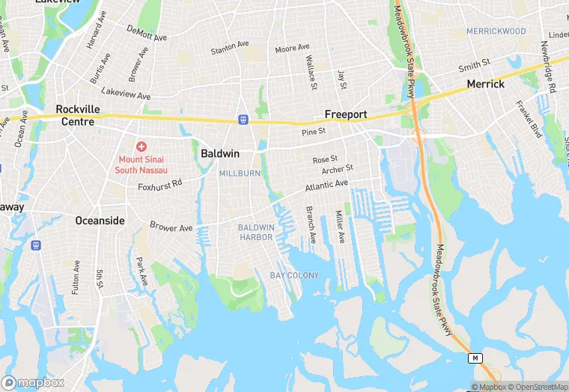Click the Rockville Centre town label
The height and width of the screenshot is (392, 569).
pos(78,114)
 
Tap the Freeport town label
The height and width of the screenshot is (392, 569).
pos(345,114)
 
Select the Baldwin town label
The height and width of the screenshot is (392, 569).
pos(220,153)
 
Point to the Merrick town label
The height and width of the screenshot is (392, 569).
pos(485,85)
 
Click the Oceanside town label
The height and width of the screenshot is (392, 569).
pos(100,221)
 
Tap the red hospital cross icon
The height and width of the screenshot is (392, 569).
pos(141,147)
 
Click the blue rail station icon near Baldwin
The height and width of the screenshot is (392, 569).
pos(243,119)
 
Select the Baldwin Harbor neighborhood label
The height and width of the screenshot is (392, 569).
pos(256,232)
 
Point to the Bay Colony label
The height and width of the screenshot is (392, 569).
pos(294,275)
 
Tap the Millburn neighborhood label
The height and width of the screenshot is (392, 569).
pos(239,174)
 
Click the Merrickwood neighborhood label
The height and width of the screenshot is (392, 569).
pos(496,31)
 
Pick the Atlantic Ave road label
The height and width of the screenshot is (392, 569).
pos(326,185)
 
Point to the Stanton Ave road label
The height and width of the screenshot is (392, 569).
pos(229,47)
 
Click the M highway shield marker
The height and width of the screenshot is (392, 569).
pos(475,358)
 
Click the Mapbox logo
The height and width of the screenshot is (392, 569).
pos(33,382)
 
